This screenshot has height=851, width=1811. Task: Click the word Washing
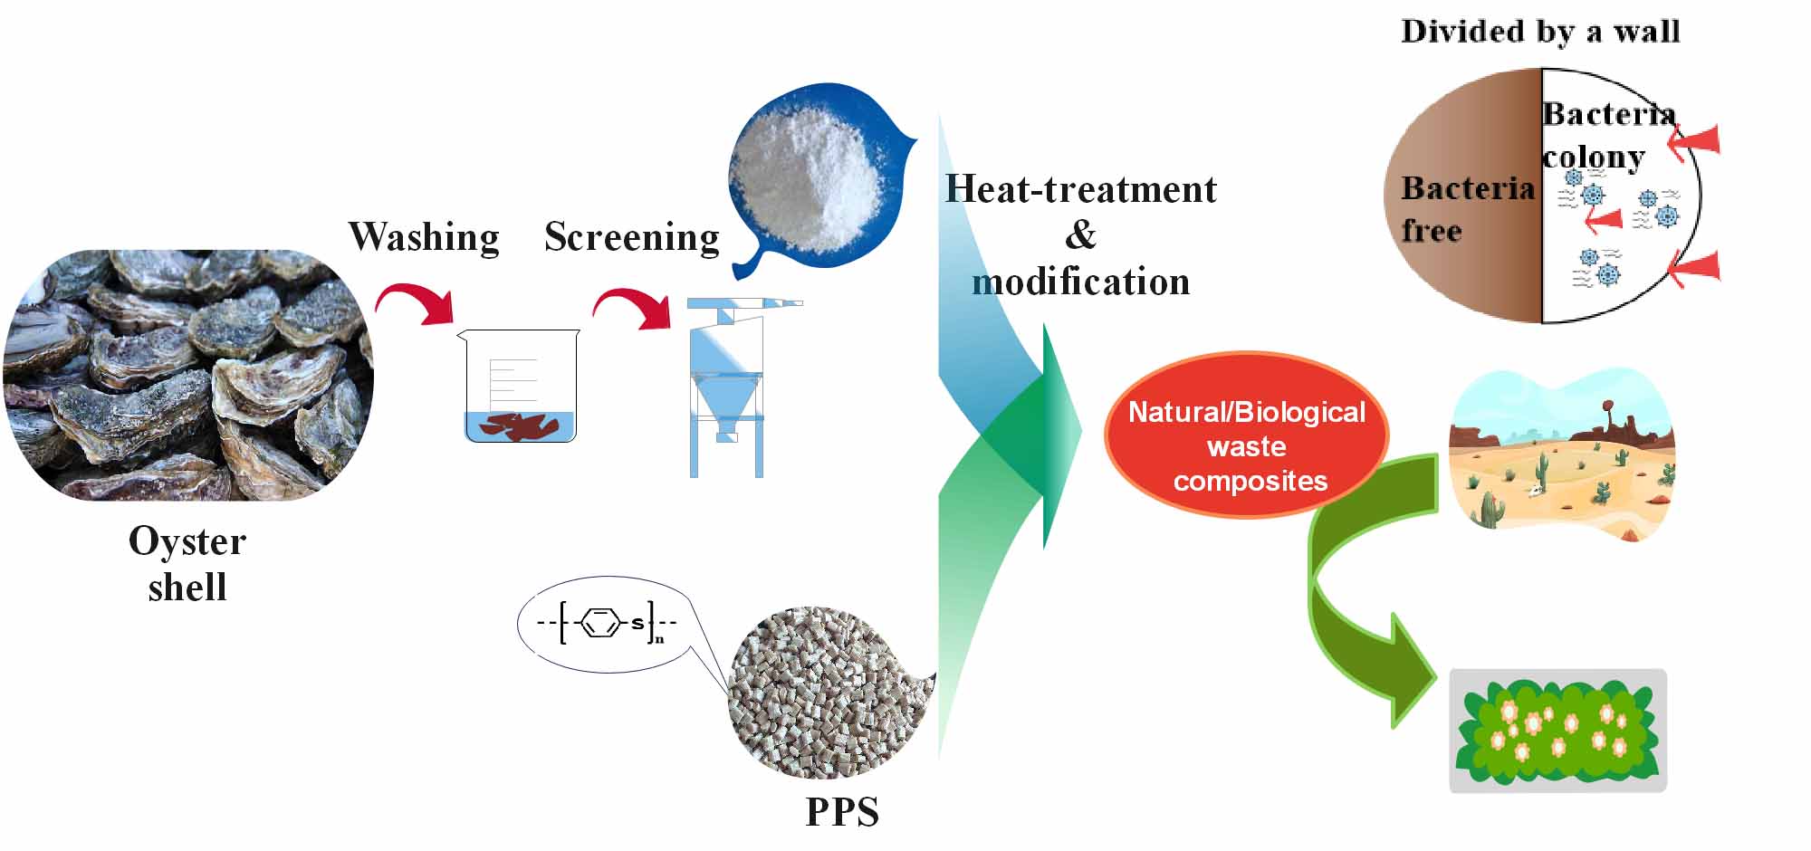424,237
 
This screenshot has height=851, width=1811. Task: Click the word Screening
632,237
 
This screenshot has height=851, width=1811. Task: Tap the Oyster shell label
187,564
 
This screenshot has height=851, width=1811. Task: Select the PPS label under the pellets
842,812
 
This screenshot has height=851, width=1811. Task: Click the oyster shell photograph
188,375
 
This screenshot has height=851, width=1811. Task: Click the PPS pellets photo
829,693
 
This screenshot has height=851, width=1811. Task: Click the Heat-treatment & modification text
1080,235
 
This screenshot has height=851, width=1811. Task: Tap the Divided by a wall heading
1540,32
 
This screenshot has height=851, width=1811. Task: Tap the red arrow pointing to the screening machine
633,309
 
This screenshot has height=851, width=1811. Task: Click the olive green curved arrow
1358,598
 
